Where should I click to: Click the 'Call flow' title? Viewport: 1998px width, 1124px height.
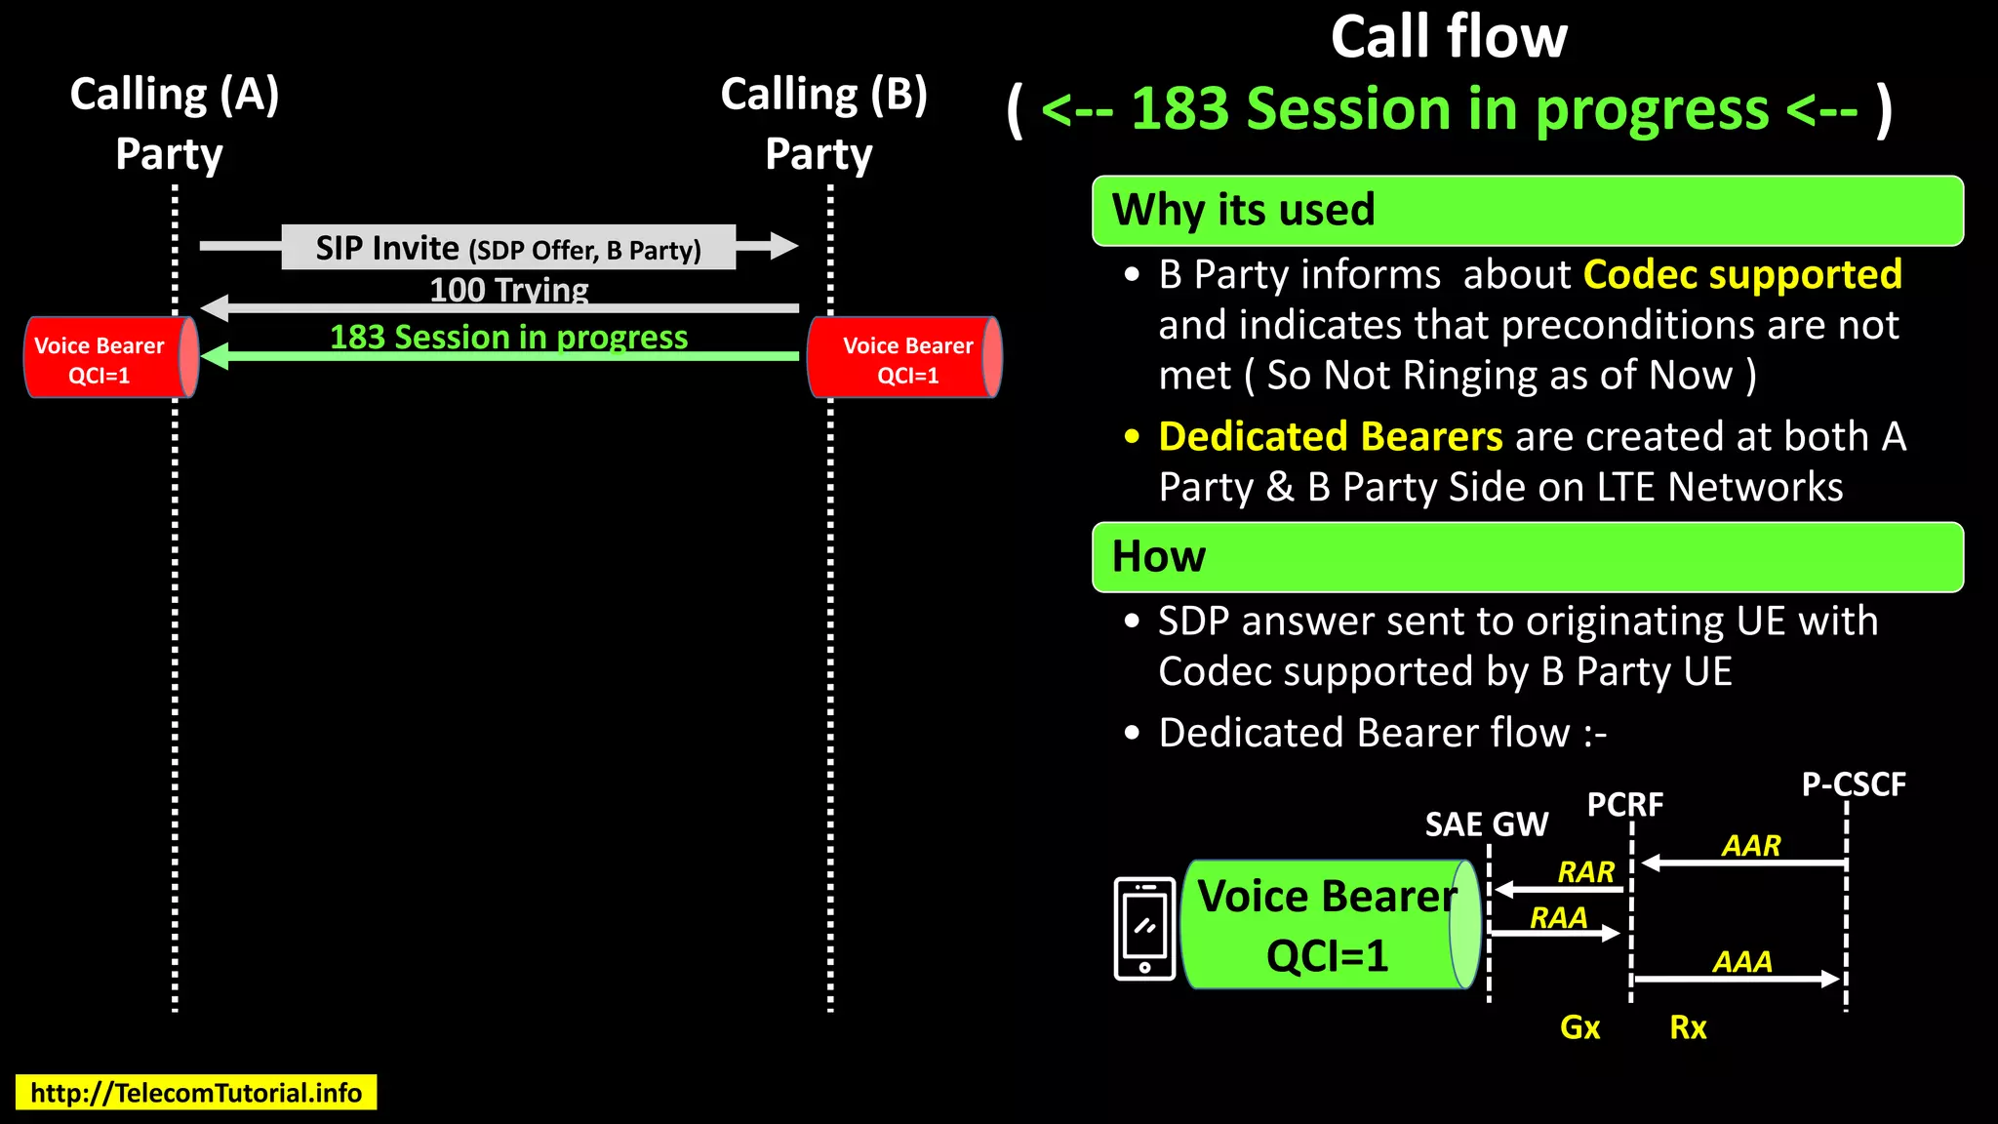[1449, 38]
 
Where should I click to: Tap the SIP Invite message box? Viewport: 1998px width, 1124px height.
[508, 248]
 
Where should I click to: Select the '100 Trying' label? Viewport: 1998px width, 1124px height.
[508, 290]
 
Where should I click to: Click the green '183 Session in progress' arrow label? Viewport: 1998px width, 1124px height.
[508, 337]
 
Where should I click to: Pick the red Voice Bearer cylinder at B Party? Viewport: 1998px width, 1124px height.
[904, 358]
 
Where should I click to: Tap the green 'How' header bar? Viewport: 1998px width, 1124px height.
[1527, 557]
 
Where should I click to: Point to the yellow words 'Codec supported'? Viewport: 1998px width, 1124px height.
[1742, 274]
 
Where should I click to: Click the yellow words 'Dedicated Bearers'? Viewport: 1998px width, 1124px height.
[1330, 436]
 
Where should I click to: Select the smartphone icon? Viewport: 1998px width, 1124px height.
[1144, 928]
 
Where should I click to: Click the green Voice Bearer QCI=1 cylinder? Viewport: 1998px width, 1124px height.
[1329, 925]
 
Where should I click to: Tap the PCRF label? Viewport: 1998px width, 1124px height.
[1624, 805]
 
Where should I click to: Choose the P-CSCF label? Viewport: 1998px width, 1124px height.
[1853, 784]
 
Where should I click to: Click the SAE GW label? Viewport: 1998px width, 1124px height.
[1486, 825]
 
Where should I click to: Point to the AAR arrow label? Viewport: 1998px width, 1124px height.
[1751, 845]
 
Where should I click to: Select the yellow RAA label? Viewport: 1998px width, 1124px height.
[1558, 917]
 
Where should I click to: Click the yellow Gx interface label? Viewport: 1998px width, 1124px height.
[1579, 1027]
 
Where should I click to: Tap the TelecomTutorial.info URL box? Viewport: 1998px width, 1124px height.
[196, 1093]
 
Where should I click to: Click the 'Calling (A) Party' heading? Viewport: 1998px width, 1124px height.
[174, 124]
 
